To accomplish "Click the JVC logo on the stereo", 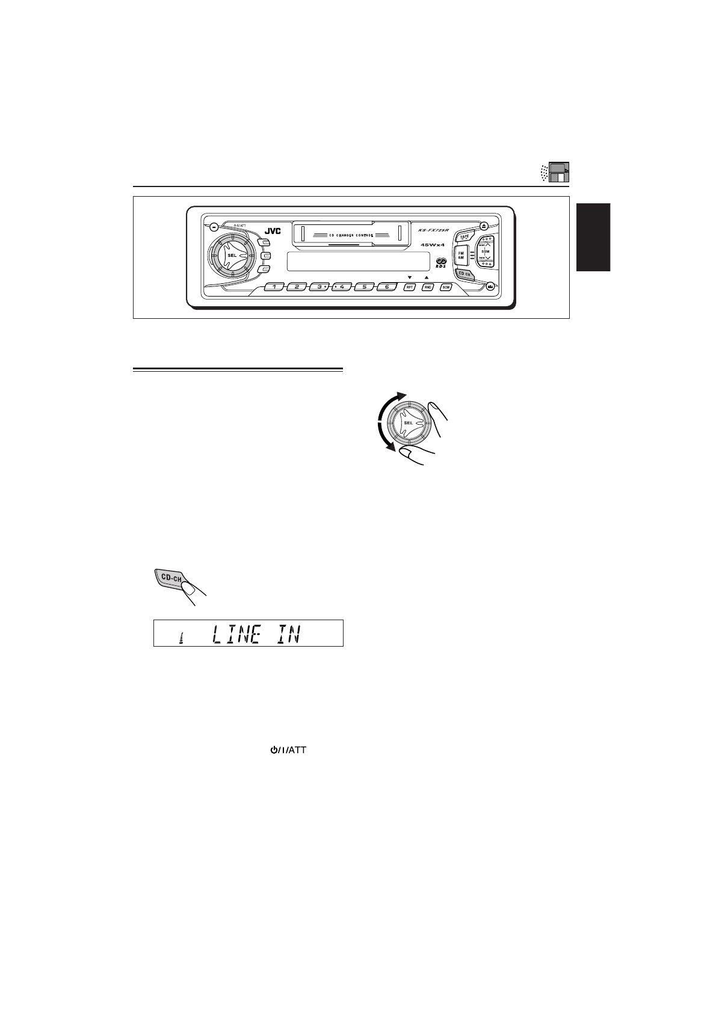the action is (273, 229).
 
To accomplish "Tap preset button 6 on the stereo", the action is (387, 287).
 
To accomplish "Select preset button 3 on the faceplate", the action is (319, 287).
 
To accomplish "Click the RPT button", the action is (410, 288).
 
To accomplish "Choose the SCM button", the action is (446, 288).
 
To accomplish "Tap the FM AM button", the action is (461, 254).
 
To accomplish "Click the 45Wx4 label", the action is (432, 245).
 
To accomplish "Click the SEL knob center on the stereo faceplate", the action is (232, 255).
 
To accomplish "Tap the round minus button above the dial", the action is (214, 227).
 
